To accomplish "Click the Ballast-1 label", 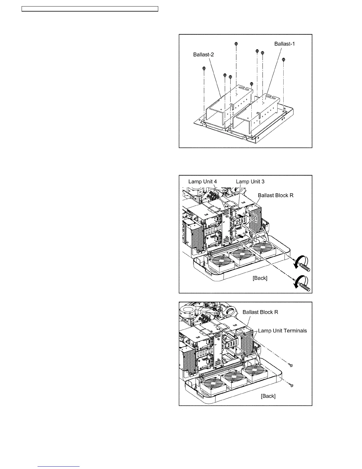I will coord(285,44).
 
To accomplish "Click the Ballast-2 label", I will coord(203,54).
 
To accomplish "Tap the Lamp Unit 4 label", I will coord(203,182).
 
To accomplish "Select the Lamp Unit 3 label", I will coord(250,182).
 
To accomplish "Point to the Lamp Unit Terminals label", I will coord(282,331).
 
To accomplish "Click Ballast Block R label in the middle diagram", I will coord(276,195).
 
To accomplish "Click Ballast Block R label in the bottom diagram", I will coord(260,312).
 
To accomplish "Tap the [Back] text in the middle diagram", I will coord(260,278).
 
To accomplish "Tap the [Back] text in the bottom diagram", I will coord(268,396).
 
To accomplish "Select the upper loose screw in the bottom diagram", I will coord(292,366).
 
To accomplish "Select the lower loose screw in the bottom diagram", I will coord(292,385).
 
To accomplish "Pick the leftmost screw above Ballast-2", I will coord(204,68).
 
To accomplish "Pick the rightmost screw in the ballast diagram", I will coord(284,60).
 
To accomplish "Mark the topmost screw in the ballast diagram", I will coord(236,44).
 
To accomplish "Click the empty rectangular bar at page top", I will coord(90,9).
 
